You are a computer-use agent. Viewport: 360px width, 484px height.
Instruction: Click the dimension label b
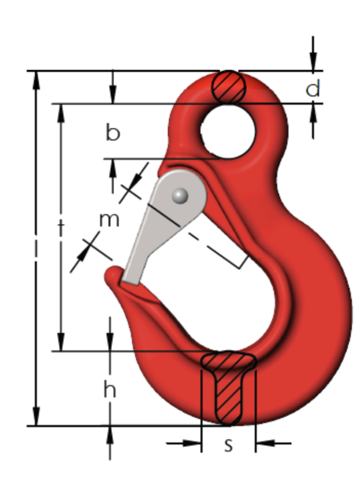[113, 133]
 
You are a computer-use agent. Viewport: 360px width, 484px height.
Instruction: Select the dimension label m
[109, 220]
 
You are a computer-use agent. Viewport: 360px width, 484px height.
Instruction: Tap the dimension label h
[110, 389]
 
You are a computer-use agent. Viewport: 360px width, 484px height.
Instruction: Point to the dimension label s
[228, 445]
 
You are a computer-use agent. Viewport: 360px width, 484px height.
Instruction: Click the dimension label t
[61, 227]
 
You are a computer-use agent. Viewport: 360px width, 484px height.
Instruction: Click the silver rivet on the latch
[180, 196]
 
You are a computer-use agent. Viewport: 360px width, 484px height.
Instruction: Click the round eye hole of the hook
[228, 131]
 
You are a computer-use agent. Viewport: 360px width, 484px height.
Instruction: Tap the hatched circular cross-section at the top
[228, 87]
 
